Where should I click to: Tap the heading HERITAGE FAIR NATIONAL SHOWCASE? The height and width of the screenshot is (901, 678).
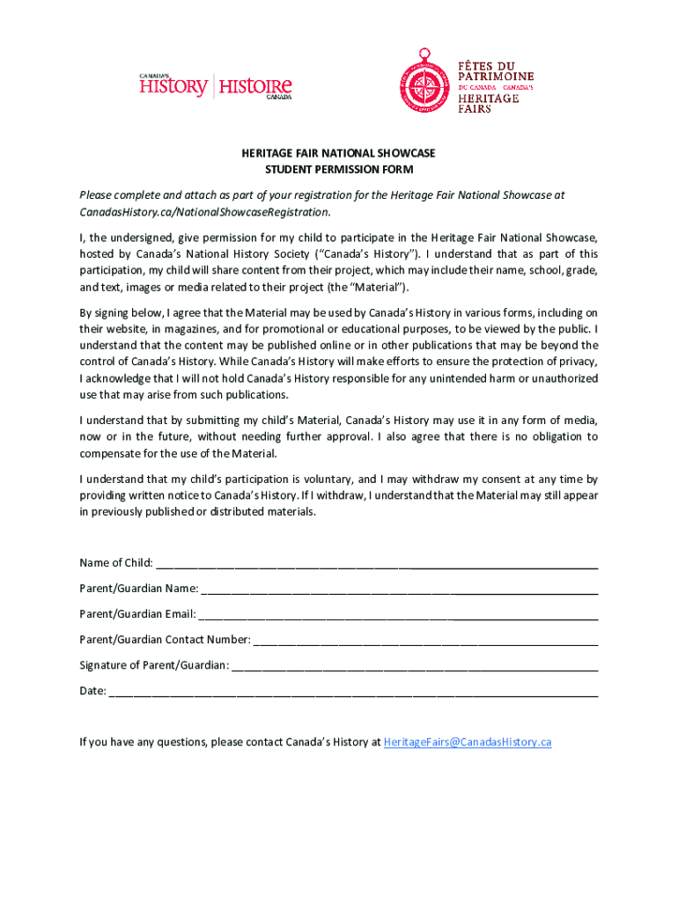click(339, 153)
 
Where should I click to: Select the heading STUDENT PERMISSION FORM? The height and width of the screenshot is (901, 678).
click(339, 169)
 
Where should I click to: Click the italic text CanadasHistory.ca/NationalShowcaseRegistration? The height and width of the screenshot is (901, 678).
click(205, 212)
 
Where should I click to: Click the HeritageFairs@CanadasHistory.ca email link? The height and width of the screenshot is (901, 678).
click(468, 742)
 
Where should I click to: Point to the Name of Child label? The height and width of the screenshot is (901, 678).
click(115, 563)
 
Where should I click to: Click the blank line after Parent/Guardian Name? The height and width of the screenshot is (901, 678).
click(400, 589)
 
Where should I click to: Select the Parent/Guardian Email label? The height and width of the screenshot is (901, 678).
click(137, 614)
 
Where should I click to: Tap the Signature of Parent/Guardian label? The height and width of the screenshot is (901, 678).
click(154, 665)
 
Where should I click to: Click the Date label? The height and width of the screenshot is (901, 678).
click(92, 691)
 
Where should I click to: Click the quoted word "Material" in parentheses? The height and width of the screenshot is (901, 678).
click(380, 288)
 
